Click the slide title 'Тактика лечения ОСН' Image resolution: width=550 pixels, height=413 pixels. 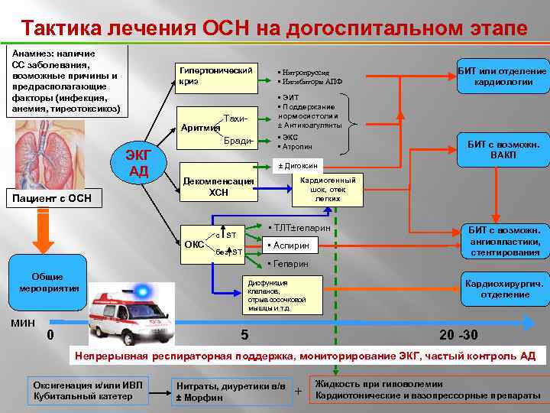(274, 28)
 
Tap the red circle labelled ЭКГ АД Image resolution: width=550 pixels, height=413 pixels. (139, 162)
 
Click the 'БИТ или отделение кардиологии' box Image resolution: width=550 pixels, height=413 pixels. (502, 76)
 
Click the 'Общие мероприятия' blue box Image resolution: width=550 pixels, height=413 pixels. (47, 282)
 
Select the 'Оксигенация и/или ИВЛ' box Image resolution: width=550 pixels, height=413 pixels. (89, 390)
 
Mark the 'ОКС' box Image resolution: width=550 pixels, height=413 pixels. (194, 245)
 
